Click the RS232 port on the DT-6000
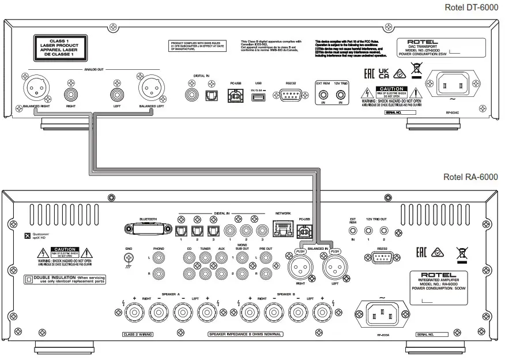pos(283,95)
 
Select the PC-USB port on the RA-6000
pos(305,231)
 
